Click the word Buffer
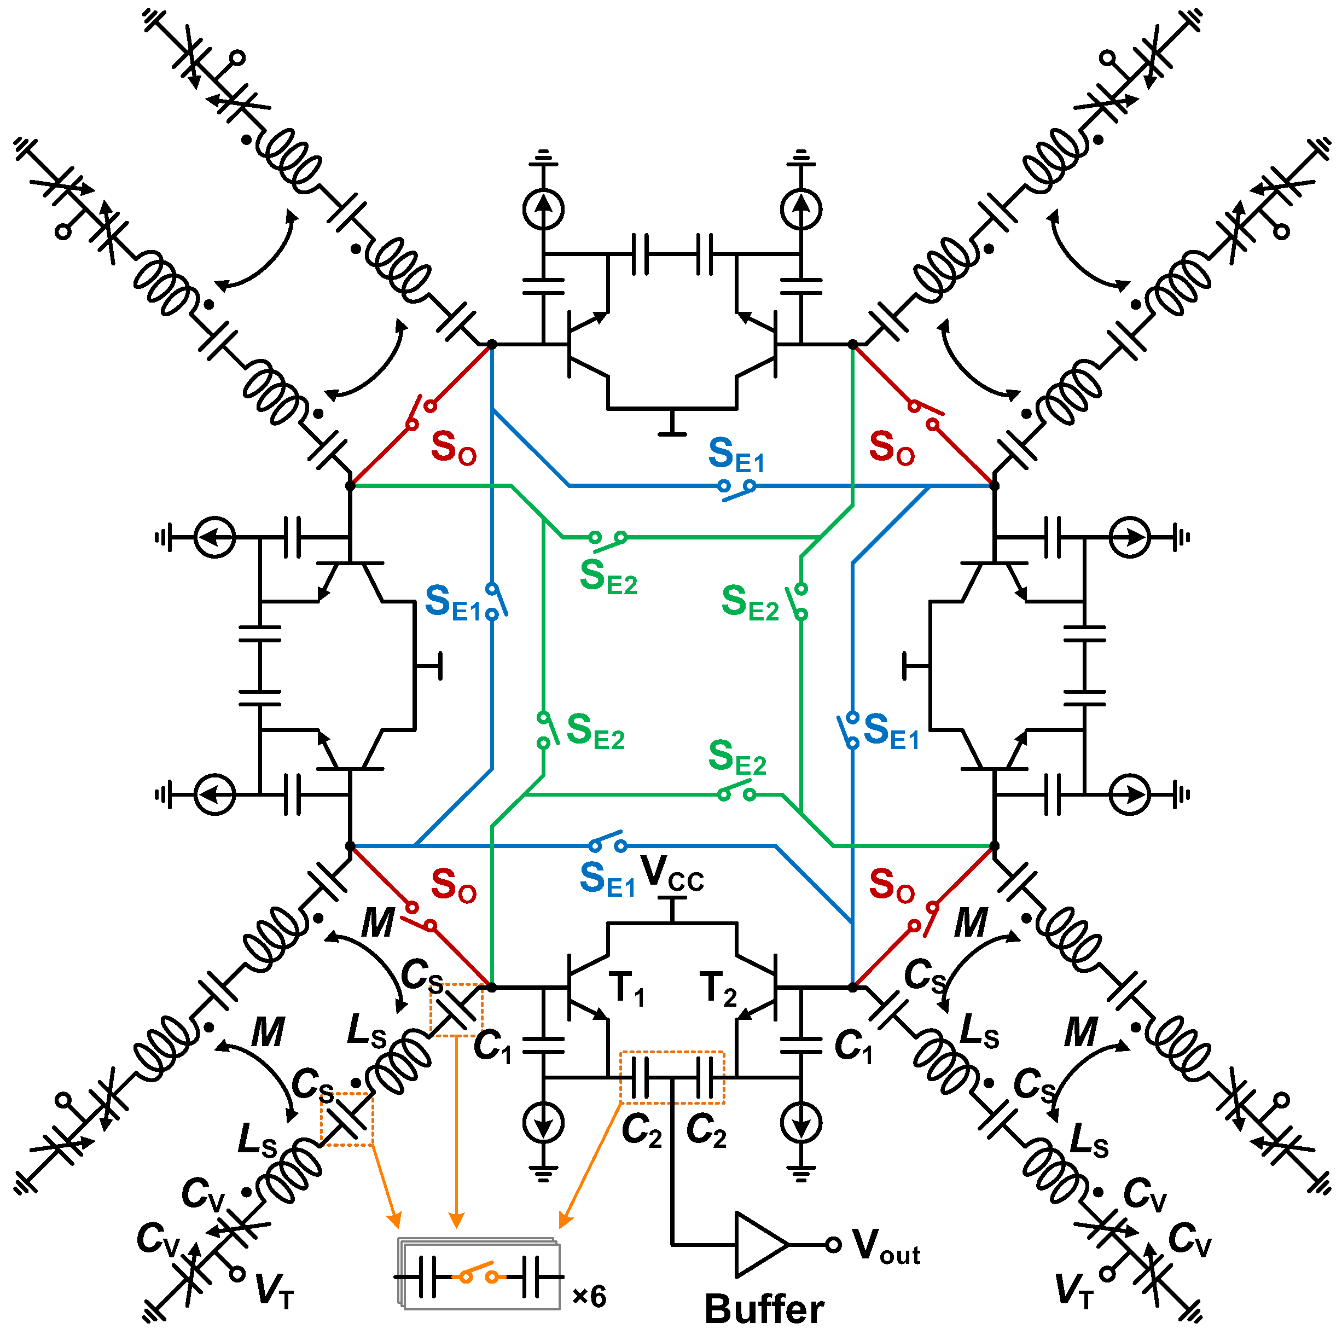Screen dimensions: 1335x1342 pos(764,1309)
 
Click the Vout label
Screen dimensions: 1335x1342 pos(886,1246)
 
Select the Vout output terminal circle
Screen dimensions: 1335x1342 pos(834,1245)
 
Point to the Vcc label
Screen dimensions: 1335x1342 pos(672,873)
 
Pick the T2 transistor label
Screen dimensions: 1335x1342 pos(718,989)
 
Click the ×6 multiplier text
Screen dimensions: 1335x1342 pos(589,1296)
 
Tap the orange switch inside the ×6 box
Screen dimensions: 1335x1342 pos(479,1275)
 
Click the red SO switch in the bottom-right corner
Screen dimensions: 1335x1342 pos(924,917)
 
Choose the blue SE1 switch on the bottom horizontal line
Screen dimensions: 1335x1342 pos(608,843)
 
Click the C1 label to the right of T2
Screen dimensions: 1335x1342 pos(853,1046)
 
